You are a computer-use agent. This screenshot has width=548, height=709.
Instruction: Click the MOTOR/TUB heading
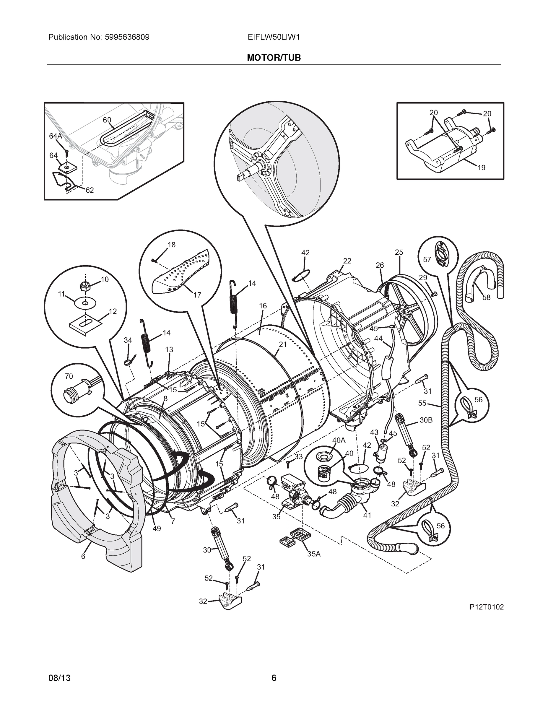coord(274,58)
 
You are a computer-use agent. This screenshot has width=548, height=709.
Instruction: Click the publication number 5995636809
coord(127,37)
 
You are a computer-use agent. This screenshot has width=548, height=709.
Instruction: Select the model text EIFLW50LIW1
coord(273,37)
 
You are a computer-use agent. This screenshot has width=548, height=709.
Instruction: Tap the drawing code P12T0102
coord(486,607)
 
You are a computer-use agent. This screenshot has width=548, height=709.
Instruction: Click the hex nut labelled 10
coord(85,286)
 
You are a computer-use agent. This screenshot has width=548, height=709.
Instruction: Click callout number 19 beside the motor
coord(481,168)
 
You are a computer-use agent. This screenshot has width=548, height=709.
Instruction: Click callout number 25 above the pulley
coord(399,252)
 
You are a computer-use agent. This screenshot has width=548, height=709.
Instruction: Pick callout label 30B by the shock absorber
coord(426,420)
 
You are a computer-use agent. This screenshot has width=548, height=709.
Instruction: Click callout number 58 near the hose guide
coord(486,297)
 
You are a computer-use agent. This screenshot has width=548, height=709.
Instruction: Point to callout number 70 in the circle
coord(69,376)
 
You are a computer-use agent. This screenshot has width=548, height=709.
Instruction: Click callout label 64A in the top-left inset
coord(56,136)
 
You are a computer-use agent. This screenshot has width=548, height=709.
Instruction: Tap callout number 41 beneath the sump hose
coord(367,515)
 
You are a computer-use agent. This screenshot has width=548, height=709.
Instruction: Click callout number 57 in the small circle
coord(427,259)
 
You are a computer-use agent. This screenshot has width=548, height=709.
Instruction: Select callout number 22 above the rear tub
coord(347,261)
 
